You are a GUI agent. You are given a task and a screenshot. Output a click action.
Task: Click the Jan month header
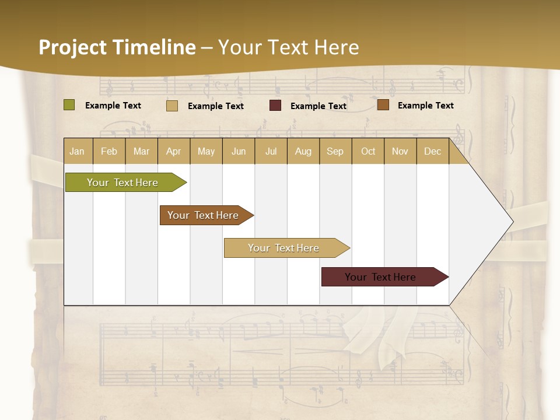click(x=77, y=151)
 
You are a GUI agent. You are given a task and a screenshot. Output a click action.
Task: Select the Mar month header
click(x=141, y=151)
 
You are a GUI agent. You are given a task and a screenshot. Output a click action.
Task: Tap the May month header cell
click(x=206, y=151)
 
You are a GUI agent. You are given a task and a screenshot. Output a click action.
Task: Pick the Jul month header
click(x=271, y=151)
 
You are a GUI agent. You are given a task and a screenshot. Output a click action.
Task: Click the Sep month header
click(x=335, y=151)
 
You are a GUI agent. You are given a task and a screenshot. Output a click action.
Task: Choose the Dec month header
click(x=432, y=151)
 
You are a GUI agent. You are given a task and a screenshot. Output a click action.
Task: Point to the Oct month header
click(x=368, y=151)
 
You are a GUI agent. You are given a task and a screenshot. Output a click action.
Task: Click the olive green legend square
click(x=69, y=105)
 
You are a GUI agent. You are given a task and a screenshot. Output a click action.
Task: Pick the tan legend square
click(x=172, y=106)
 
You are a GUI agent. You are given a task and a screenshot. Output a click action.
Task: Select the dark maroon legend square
click(x=275, y=106)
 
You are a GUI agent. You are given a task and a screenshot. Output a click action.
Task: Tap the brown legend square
click(x=383, y=105)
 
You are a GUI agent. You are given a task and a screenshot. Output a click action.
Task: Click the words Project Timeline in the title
click(x=117, y=47)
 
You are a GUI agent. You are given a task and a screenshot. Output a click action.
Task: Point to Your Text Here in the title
click(x=288, y=47)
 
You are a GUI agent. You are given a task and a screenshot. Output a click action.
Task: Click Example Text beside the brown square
click(x=425, y=105)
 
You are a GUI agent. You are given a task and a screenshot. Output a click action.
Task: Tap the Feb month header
click(x=109, y=151)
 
